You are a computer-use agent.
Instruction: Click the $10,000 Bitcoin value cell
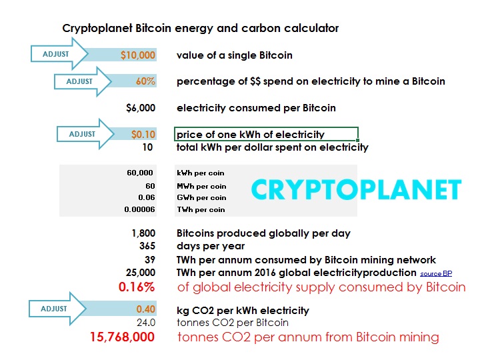point(138,55)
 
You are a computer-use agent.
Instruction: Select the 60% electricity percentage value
point(145,81)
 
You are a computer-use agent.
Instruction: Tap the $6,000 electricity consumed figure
point(141,108)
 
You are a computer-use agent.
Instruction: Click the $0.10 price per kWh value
point(143,134)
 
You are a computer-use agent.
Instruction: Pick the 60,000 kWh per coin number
point(140,173)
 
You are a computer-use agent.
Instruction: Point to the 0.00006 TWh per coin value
point(139,209)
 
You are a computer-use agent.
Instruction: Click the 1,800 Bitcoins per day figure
point(143,233)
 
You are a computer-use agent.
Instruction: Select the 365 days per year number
point(147,246)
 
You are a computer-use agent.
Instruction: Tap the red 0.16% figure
point(137,287)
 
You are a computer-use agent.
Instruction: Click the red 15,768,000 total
point(122,337)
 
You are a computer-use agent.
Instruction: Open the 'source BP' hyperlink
point(436,273)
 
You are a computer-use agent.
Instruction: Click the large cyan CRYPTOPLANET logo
point(357,189)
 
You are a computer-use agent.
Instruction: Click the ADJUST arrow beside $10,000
point(59,54)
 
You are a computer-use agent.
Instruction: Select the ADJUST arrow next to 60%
point(83,81)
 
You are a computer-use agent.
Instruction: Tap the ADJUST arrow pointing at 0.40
point(57,309)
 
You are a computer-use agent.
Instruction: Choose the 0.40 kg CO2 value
point(145,309)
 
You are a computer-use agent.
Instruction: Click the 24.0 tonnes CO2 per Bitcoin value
point(146,323)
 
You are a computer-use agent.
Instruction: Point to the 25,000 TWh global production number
point(141,273)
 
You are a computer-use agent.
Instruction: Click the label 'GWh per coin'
point(201,197)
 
